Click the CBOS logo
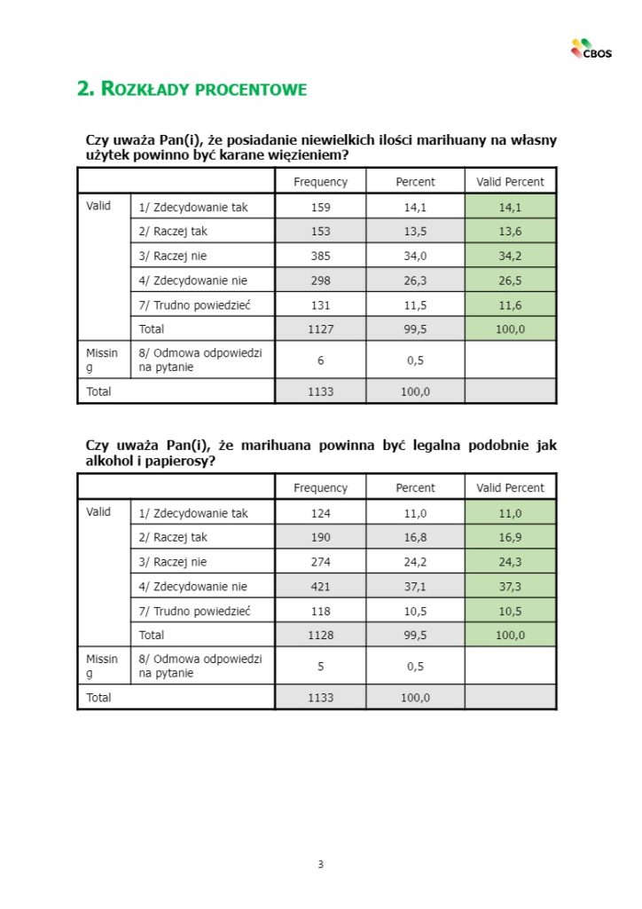click(x=591, y=50)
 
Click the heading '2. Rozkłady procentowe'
click(x=192, y=89)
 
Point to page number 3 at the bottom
click(x=321, y=864)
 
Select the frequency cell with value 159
click(x=321, y=208)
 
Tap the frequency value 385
click(x=321, y=256)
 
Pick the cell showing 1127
click(x=321, y=328)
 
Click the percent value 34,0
click(x=415, y=256)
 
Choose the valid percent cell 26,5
click(x=511, y=281)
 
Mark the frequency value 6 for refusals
click(x=321, y=359)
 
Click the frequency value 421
click(x=321, y=586)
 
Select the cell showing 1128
click(x=321, y=635)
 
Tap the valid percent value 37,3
click(x=511, y=586)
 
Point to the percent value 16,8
click(x=415, y=537)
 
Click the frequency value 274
click(x=321, y=562)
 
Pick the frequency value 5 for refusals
click(x=321, y=665)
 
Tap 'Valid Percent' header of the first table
click(x=511, y=182)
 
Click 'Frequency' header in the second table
click(x=321, y=487)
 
